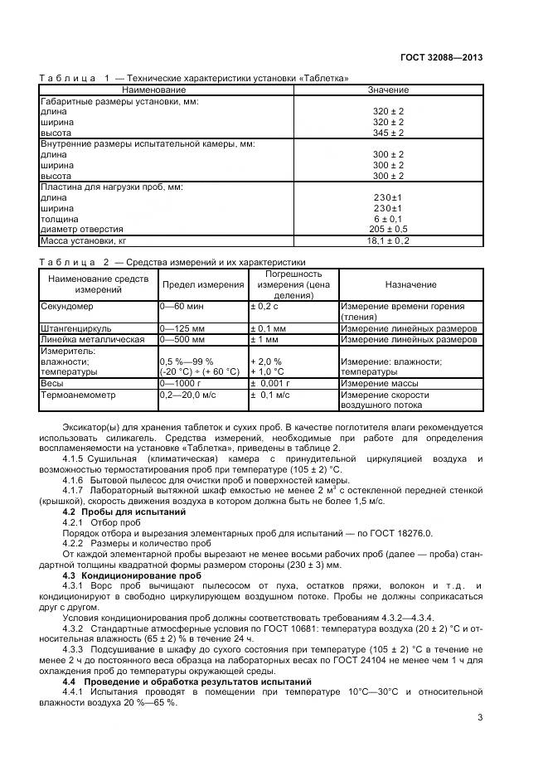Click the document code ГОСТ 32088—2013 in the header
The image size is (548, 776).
tap(442, 57)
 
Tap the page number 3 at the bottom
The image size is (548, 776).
tap(480, 718)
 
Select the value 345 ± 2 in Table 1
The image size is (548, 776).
tap(387, 133)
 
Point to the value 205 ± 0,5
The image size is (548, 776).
tap(387, 229)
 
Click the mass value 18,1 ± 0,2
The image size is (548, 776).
tap(387, 241)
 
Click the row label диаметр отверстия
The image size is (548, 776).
tap(82, 229)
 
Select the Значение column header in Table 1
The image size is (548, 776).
tap(387, 90)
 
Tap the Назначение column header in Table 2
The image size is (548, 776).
tap(410, 284)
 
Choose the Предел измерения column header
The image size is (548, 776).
tap(202, 284)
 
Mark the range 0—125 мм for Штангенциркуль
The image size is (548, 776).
tap(182, 328)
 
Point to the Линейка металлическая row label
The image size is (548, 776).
tap(92, 339)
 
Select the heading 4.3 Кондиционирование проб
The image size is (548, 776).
tap(132, 575)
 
